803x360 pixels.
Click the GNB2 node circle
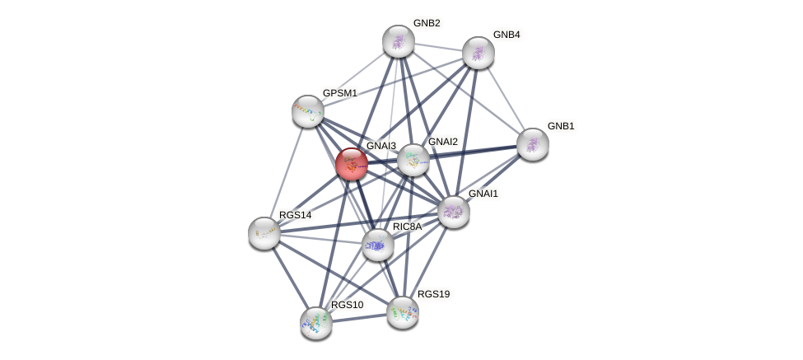coord(398,41)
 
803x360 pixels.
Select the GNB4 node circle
coord(478,53)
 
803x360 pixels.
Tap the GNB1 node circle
coord(532,144)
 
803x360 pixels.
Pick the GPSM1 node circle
coord(307,111)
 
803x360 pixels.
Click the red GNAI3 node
coord(352,164)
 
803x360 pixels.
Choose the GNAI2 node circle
coord(413,160)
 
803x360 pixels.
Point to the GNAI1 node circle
coord(453,212)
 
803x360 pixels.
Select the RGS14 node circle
coord(264,233)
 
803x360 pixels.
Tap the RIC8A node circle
coord(377,245)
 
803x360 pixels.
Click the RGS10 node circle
coord(316,322)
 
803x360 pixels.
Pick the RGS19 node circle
coord(403,312)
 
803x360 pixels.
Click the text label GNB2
coord(427,23)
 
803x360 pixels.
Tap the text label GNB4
coord(507,35)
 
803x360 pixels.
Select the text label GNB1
coord(561,126)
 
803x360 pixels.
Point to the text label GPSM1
coord(339,93)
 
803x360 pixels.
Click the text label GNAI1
coord(483,194)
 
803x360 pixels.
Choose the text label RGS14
coord(295,215)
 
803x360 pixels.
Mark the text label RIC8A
coord(407,227)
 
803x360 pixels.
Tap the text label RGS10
coord(347,305)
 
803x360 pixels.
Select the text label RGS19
coord(433,294)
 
